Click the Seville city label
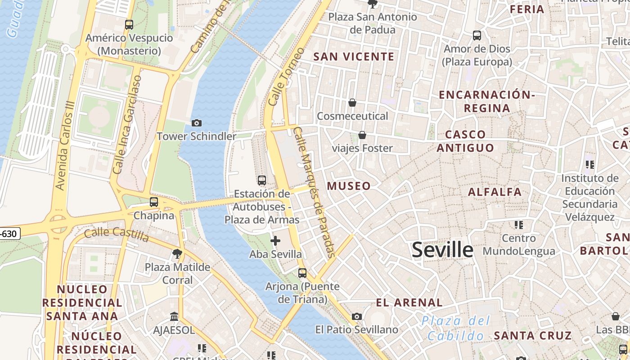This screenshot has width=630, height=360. click(442, 250)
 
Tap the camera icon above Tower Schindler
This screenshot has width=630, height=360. click(197, 123)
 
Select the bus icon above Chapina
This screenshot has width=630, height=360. click(154, 202)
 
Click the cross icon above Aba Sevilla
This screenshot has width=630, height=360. click(275, 241)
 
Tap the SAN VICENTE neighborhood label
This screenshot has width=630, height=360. click(354, 57)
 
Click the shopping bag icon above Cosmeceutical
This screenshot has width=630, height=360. click(352, 103)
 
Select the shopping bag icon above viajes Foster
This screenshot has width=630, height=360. click(362, 135)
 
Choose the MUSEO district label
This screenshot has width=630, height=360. click(349, 186)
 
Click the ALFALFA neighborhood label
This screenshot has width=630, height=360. click(495, 192)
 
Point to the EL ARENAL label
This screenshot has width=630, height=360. click(409, 302)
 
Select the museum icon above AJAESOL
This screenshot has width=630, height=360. click(174, 317)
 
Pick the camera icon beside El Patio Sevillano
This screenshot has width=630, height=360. click(357, 317)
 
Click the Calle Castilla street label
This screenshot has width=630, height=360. click(117, 234)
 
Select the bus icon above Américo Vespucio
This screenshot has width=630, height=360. click(129, 25)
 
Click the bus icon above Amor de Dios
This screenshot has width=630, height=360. click(477, 35)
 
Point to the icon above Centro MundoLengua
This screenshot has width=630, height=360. click(519, 225)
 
